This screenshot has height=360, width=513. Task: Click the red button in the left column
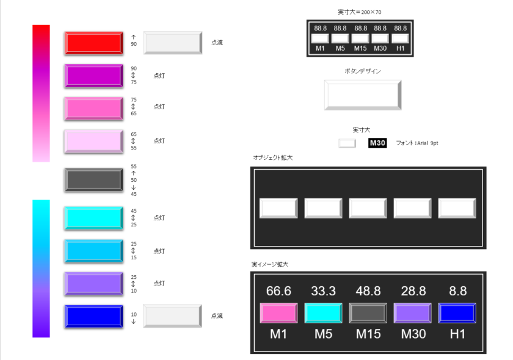(93, 43)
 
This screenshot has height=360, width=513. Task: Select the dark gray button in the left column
(93, 179)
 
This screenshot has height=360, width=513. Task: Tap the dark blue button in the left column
(93, 316)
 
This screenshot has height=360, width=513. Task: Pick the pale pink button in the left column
(93, 141)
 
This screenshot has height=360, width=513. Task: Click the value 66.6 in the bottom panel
(278, 290)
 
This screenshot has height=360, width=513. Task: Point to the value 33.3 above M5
(323, 290)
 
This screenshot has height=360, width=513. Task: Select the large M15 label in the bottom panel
(368, 334)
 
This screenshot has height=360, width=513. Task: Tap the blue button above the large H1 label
(457, 313)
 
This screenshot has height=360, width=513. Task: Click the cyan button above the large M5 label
(323, 313)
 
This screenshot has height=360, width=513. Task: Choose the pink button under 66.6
(278, 313)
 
